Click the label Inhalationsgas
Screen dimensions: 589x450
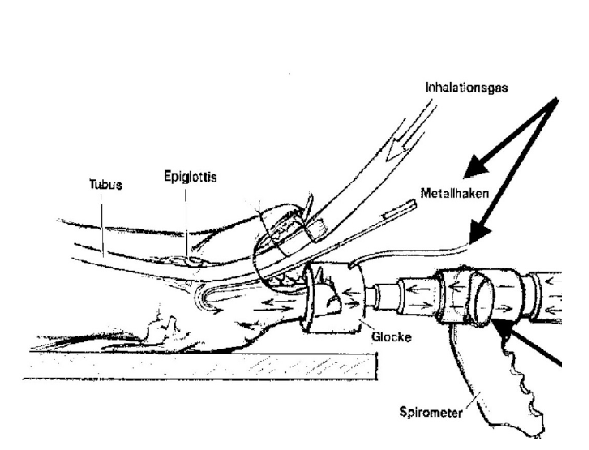coord(467,88)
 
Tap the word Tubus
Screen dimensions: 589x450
coord(106,184)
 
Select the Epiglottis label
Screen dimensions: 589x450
coord(190,177)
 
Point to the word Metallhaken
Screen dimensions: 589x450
coord(455,193)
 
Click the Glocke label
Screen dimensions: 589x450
coord(391,337)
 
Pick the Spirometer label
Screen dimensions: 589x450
coord(431,412)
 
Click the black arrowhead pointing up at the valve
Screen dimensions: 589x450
coord(502,328)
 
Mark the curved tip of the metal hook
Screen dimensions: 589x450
coord(201,297)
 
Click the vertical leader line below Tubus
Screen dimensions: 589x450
coord(101,230)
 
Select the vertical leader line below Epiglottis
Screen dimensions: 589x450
coord(186,223)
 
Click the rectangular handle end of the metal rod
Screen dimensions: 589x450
coord(400,211)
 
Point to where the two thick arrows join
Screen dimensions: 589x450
coord(556,101)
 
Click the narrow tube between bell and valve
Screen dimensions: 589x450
coord(382,296)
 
